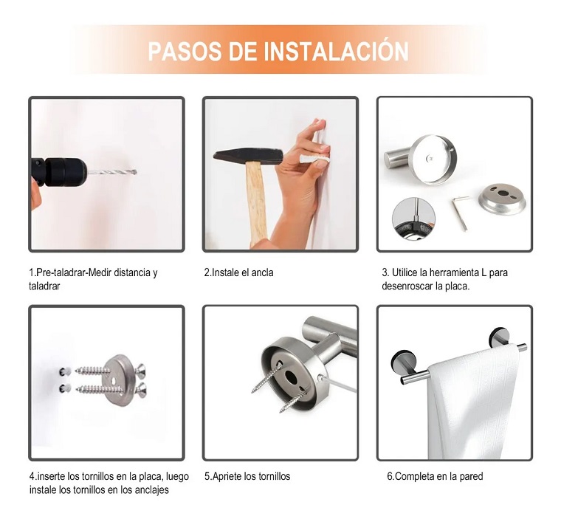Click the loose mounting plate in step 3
[502, 198]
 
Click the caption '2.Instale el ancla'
[239, 272]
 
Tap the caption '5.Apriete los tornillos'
[247, 476]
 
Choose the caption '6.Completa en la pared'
[435, 476]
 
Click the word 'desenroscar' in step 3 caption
[410, 286]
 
